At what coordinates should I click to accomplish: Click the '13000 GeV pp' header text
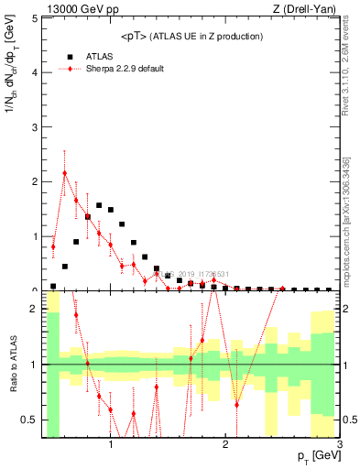pos(78,9)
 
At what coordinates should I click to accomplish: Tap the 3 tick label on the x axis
pos(340,444)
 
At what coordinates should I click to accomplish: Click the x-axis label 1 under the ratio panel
pos(111,444)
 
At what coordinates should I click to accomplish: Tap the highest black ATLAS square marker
pos(99,205)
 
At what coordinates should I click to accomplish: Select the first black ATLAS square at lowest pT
pos(53,286)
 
